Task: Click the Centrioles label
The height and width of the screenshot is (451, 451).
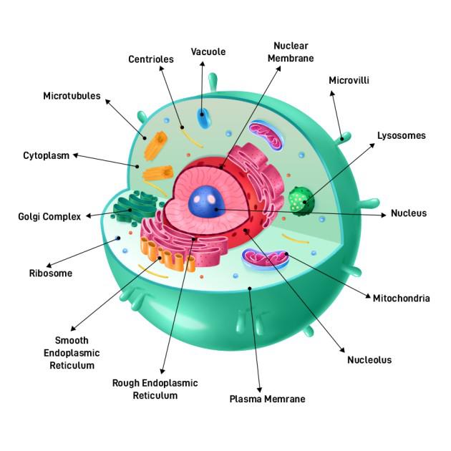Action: (x=150, y=59)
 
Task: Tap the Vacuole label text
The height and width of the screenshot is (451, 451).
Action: (x=208, y=52)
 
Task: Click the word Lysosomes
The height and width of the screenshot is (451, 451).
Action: (x=402, y=135)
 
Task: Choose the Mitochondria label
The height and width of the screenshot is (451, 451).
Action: (x=401, y=298)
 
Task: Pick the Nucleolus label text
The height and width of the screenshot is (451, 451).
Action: (x=369, y=360)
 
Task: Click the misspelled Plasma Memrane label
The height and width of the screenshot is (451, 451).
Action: (x=267, y=399)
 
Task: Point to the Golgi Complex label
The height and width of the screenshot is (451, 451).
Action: (x=49, y=216)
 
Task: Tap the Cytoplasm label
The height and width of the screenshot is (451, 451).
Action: (x=47, y=155)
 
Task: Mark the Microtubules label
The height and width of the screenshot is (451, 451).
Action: (x=72, y=96)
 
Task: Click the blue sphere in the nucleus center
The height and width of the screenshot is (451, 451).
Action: (x=208, y=202)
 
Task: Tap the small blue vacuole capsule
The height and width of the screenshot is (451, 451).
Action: (x=204, y=118)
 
